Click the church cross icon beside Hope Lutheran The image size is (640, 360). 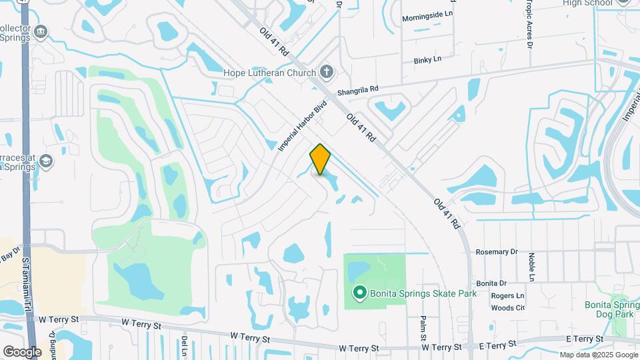click(x=326, y=71)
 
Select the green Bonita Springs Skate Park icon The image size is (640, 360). click(x=360, y=292)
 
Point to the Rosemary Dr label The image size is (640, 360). click(x=497, y=252)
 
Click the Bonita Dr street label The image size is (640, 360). click(x=492, y=283)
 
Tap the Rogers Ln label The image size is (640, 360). click(x=507, y=296)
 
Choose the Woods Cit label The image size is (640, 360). click(x=508, y=308)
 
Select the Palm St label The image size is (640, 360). click(x=423, y=326)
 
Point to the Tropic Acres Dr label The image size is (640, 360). click(x=530, y=27)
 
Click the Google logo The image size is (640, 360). click(x=22, y=351)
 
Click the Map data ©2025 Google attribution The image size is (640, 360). click(x=598, y=355)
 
